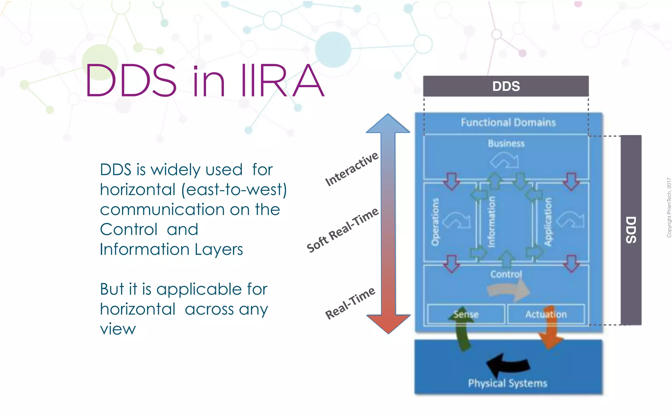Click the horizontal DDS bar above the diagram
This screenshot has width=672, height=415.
pyautogui.click(x=506, y=86)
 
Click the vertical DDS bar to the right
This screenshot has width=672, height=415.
pyautogui.click(x=631, y=230)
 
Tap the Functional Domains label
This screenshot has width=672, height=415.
pyautogui.click(x=508, y=122)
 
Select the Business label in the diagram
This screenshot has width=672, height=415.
pyautogui.click(x=506, y=143)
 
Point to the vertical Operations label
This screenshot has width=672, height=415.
pyautogui.click(x=435, y=222)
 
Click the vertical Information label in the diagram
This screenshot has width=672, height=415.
pyautogui.click(x=491, y=222)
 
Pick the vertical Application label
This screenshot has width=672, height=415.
pyautogui.click(x=548, y=222)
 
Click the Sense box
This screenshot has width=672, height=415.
pyautogui.click(x=466, y=314)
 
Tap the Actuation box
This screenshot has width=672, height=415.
pyautogui.click(x=546, y=314)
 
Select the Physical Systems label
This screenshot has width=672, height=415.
pyautogui.click(x=507, y=383)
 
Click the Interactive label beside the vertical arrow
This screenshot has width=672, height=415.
pyautogui.click(x=351, y=169)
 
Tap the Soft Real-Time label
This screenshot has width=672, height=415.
pyautogui.click(x=342, y=230)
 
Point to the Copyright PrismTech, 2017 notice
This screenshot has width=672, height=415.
pyautogui.click(x=669, y=207)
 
